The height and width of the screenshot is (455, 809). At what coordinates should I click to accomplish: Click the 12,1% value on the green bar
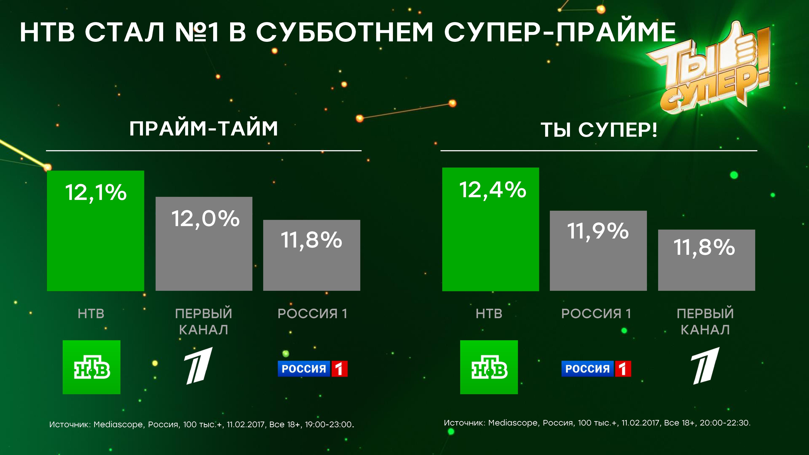click(x=96, y=193)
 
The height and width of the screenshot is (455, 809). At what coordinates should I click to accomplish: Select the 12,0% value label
click(x=205, y=219)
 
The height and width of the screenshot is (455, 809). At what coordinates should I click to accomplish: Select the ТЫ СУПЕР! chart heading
click(x=599, y=130)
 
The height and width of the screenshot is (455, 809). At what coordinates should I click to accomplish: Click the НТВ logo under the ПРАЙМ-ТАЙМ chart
click(x=91, y=367)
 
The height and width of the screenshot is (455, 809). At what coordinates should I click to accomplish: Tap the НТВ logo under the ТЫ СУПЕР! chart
click(x=489, y=367)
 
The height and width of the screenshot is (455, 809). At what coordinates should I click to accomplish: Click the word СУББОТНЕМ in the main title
click(x=344, y=32)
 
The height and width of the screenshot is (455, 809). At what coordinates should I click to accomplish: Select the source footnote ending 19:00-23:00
click(x=202, y=425)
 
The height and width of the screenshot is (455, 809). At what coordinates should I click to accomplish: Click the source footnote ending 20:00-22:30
click(x=597, y=423)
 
